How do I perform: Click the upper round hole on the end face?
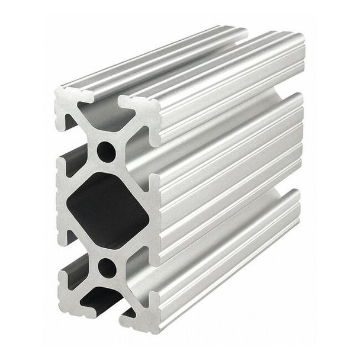click(x=107, y=152)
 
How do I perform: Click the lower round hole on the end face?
click(x=107, y=268)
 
